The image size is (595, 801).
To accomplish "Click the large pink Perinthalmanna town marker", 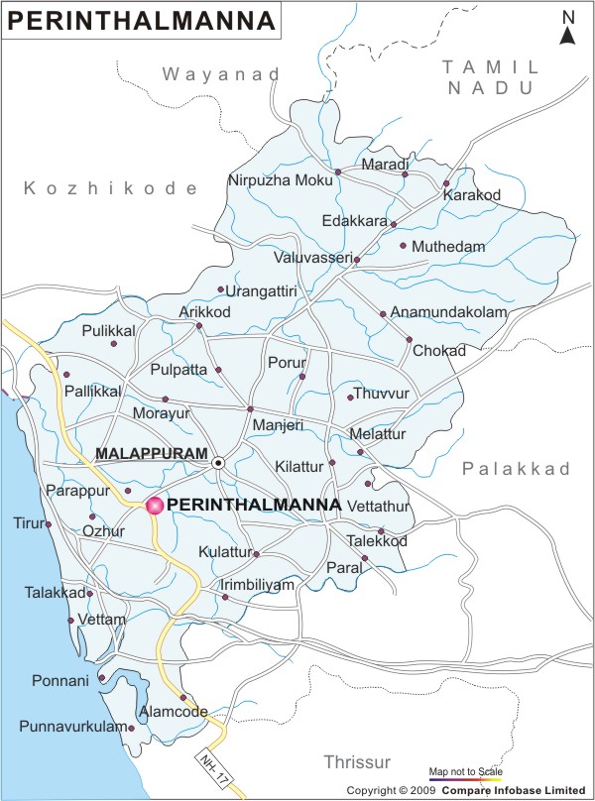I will click(155, 506).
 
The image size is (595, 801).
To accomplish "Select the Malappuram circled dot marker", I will click(218, 462).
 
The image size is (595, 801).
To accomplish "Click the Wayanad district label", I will click(221, 74).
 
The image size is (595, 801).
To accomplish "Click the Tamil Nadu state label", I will click(491, 76).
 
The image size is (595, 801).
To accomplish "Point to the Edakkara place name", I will click(354, 221).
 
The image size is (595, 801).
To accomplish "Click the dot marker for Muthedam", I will click(403, 245).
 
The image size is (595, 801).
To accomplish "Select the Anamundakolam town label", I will click(448, 312).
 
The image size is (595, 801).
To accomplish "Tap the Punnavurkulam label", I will click(72, 728).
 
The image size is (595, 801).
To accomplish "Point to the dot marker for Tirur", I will click(48, 524).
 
